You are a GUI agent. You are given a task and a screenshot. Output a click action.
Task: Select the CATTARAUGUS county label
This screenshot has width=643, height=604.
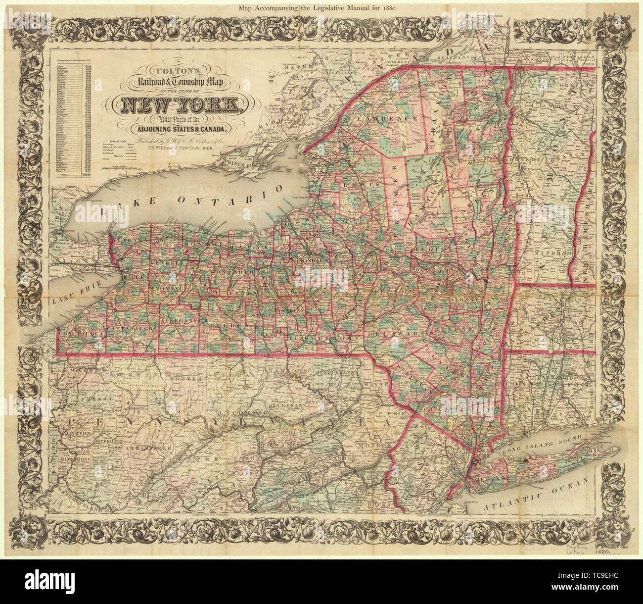click(133, 328)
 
